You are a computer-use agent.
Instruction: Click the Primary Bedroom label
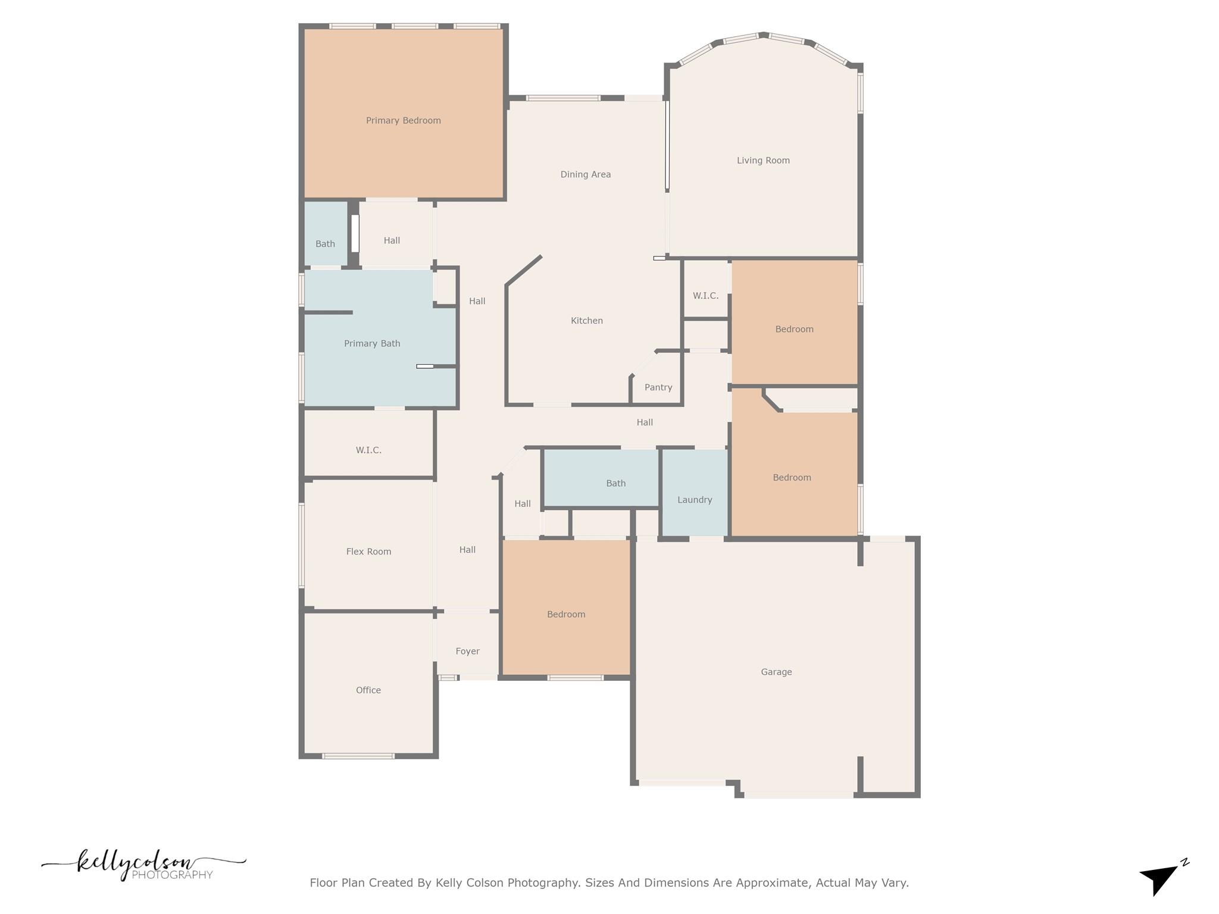[403, 121]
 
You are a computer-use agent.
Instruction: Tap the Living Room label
[763, 161]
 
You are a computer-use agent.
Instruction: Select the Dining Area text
[585, 174]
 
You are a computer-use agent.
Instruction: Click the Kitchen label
[586, 321]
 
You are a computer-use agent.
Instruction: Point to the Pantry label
[658, 387]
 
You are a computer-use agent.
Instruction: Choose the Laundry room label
[695, 500]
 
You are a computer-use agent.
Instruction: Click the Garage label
[776, 672]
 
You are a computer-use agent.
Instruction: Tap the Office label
[368, 690]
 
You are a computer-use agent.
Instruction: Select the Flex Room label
[368, 552]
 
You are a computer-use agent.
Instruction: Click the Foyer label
[467, 652]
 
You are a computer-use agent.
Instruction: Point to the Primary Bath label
[372, 343]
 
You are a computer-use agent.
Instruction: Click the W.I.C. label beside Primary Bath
[368, 450]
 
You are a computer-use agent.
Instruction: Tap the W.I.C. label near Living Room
[705, 296]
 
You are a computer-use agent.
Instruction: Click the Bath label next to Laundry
[615, 483]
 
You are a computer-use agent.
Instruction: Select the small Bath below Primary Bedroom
[325, 244]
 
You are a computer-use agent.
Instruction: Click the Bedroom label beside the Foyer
[566, 614]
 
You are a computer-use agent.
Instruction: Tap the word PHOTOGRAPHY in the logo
[172, 875]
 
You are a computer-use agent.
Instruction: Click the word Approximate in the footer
[772, 882]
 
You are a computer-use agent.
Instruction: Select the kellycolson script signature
[137, 863]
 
